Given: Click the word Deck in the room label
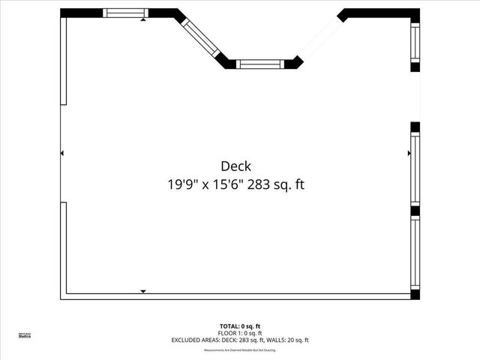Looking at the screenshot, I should [x=235, y=166].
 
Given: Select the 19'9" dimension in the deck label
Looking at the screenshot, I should [x=182, y=184].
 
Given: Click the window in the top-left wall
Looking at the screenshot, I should [x=125, y=13].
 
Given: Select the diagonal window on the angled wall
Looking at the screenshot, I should [x=200, y=37].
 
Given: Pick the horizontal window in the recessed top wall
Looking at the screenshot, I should [x=260, y=64].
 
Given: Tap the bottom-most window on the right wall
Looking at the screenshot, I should [x=415, y=254].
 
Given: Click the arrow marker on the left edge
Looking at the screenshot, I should [x=62, y=153].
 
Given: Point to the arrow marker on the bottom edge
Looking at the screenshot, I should [x=143, y=291].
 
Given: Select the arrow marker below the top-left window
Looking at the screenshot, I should [x=143, y=20].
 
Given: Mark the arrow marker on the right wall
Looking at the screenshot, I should [x=409, y=153].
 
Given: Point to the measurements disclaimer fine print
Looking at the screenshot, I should [x=240, y=350].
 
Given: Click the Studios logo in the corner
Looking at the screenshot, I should [x=25, y=336].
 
